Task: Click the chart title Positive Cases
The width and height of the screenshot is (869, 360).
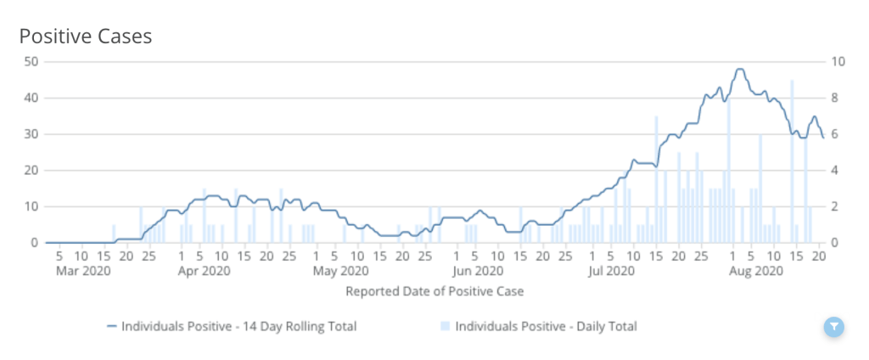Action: point(86,37)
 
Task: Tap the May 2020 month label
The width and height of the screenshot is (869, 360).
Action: point(341,272)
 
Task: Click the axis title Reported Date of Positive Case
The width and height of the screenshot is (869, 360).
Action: point(434,291)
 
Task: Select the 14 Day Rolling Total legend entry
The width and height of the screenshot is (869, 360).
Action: point(231,326)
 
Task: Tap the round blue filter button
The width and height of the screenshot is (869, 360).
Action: point(834,326)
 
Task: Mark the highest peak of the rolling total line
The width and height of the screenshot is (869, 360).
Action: point(740,70)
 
